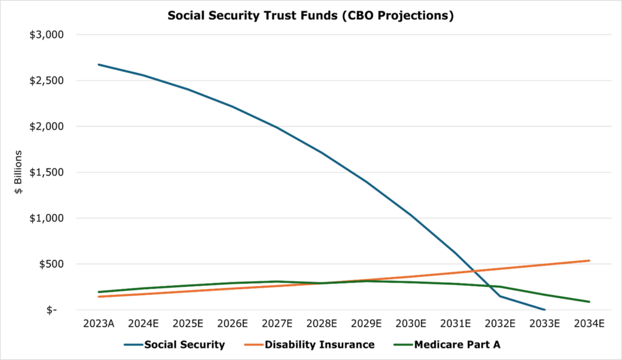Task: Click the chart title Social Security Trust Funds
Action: coord(310,16)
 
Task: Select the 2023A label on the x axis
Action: coord(98,324)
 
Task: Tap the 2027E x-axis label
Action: coord(276,324)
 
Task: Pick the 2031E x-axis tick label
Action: coord(455,324)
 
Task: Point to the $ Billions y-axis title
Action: coord(19,172)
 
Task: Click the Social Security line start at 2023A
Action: coord(98,64)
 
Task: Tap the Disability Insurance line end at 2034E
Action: coord(589,260)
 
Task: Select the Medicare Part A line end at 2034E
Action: coord(589,302)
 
